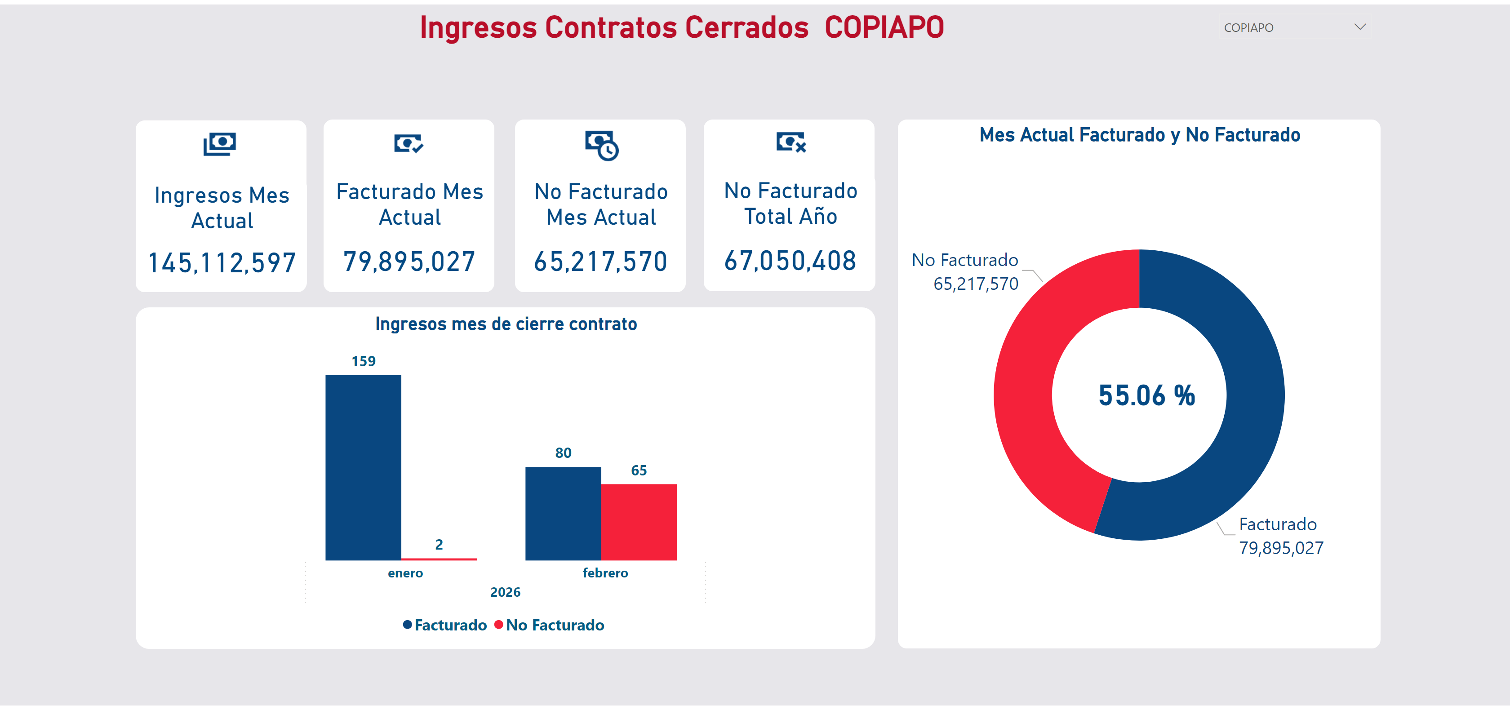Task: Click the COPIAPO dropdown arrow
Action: (1360, 27)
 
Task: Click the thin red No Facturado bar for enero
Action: (439, 559)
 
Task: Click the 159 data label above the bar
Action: (364, 361)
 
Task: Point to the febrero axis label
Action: (605, 573)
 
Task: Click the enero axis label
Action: (405, 573)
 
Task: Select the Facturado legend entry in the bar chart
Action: (445, 625)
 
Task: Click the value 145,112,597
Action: (222, 263)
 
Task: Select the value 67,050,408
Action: (790, 261)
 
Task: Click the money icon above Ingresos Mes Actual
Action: (220, 144)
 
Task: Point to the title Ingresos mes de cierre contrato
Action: (506, 324)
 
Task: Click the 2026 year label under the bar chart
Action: (505, 592)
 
